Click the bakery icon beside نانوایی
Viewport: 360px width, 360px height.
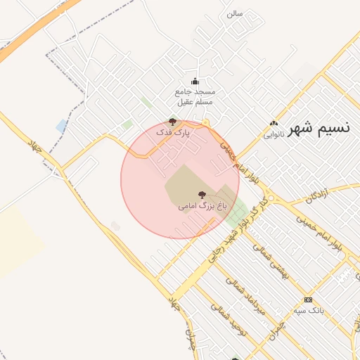pos(274,124)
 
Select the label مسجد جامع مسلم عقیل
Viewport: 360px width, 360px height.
pos(195,97)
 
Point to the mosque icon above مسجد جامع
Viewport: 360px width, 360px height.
pos(195,81)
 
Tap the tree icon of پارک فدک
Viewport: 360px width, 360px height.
pos(173,122)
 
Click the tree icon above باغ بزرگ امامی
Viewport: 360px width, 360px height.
pos(202,195)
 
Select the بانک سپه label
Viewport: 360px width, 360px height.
pos(309,310)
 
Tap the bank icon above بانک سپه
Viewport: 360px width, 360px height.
pos(308,300)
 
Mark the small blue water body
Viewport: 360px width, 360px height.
pos(62,126)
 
